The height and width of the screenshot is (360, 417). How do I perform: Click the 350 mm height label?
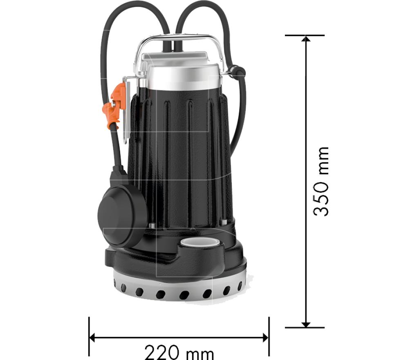(x=321, y=181)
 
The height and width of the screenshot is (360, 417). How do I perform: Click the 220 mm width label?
(x=179, y=352)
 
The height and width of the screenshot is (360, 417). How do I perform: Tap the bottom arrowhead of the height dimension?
(x=306, y=324)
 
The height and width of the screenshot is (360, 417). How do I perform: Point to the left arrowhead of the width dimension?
(x=92, y=338)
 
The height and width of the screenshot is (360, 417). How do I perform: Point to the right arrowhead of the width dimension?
(x=265, y=338)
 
